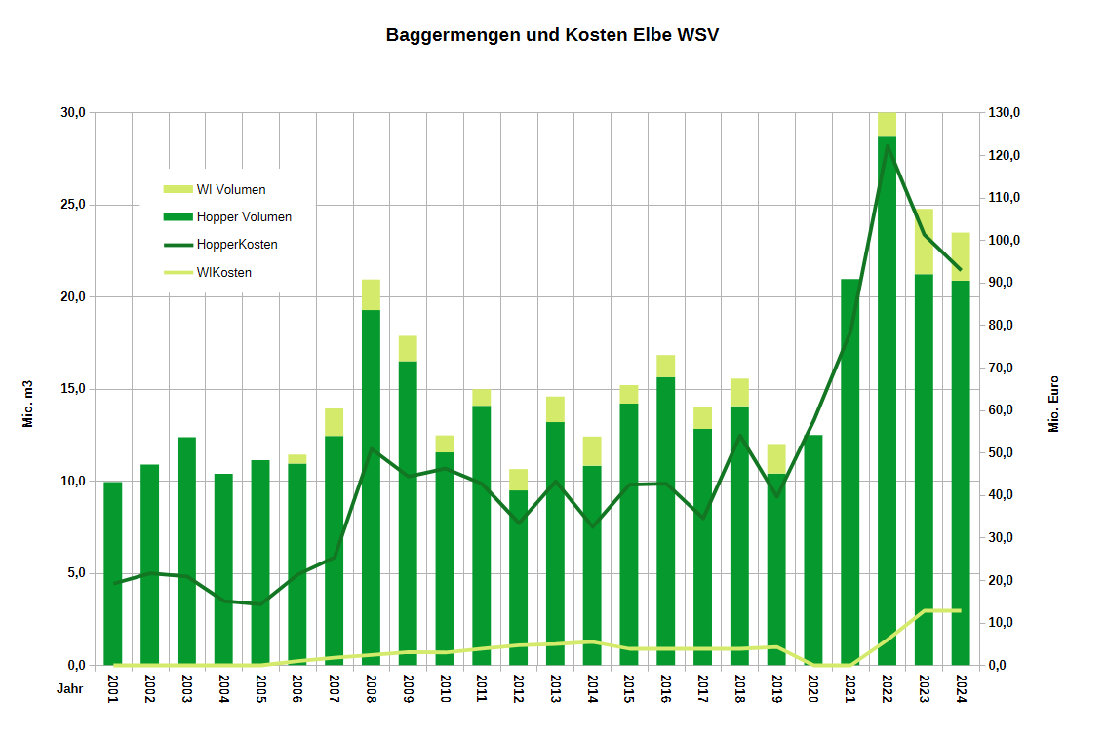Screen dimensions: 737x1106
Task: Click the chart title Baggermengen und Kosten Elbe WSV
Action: (x=552, y=35)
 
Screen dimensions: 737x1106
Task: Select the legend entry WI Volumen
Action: (x=230, y=189)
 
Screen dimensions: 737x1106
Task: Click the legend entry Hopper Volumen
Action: (x=243, y=216)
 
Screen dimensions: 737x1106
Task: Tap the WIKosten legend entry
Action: (x=223, y=272)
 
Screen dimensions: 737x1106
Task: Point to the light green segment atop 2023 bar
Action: (x=924, y=241)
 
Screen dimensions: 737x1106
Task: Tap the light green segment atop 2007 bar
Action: (x=334, y=422)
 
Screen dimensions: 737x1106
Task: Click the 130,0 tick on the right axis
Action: (x=1004, y=113)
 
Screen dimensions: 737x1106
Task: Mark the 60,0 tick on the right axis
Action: (x=1004, y=410)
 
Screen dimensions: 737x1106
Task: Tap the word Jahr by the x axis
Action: (x=69, y=688)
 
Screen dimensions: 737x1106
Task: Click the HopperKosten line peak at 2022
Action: (x=887, y=147)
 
